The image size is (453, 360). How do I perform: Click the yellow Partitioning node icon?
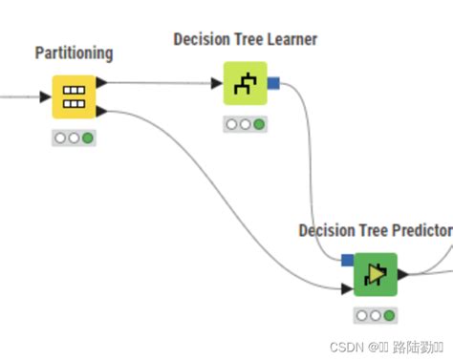(74, 97)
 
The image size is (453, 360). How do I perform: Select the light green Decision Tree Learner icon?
(246, 84)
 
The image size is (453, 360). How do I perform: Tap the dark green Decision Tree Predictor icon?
(376, 275)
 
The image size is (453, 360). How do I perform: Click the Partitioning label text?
(74, 53)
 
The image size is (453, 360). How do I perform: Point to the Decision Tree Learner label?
(246, 39)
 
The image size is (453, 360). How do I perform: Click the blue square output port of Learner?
(273, 84)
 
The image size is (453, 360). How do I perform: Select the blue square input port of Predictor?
(348, 260)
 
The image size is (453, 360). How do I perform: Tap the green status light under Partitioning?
(88, 138)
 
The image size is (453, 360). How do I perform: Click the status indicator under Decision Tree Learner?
(246, 124)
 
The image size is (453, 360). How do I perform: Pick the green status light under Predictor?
(390, 315)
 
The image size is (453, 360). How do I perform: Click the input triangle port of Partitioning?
(45, 97)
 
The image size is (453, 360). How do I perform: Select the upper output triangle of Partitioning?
(102, 82)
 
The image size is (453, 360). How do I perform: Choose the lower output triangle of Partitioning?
(102, 113)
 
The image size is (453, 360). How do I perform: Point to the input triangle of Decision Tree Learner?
(217, 84)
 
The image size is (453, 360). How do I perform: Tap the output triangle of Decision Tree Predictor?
(403, 275)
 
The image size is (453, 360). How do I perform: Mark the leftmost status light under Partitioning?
(60, 138)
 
